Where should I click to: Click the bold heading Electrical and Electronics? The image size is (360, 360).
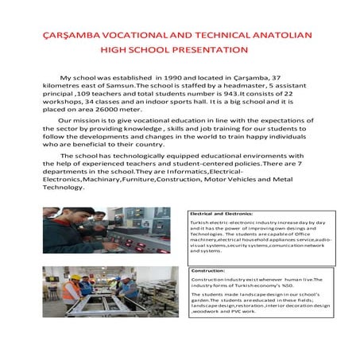(220, 214)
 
